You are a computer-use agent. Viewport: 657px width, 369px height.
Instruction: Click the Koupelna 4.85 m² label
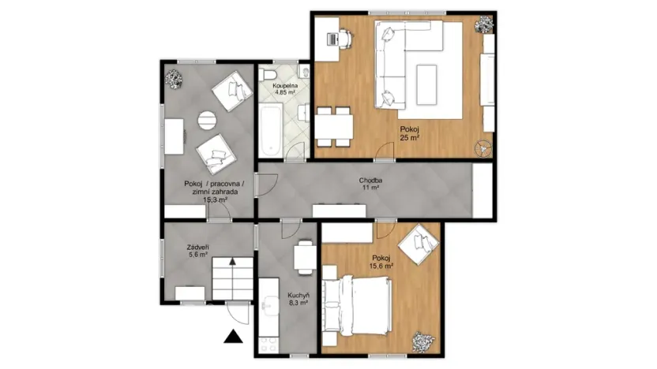tap(284, 88)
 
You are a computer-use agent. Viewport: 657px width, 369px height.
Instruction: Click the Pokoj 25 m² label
tap(409, 132)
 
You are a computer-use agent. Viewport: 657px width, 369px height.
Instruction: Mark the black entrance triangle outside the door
tap(232, 338)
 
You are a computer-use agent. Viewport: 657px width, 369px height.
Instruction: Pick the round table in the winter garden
tap(205, 121)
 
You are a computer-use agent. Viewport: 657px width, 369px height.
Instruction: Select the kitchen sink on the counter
tap(268, 303)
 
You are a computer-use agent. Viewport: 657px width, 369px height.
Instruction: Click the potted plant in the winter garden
tap(173, 77)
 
